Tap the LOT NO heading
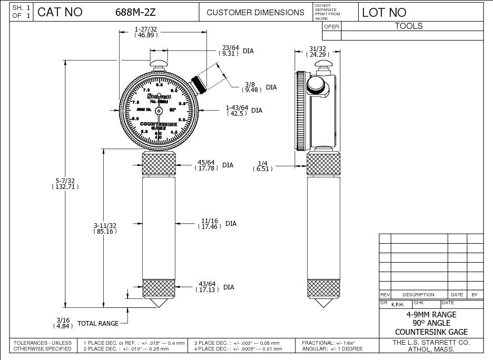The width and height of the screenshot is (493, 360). (x=384, y=12)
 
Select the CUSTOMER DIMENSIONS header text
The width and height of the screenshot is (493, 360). (x=255, y=12)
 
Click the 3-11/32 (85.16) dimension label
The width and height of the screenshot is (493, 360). (x=105, y=228)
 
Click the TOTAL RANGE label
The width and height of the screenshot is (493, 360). (x=98, y=323)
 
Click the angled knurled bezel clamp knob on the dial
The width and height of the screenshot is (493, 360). (x=199, y=83)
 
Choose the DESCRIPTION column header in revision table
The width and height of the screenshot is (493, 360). (x=418, y=295)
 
